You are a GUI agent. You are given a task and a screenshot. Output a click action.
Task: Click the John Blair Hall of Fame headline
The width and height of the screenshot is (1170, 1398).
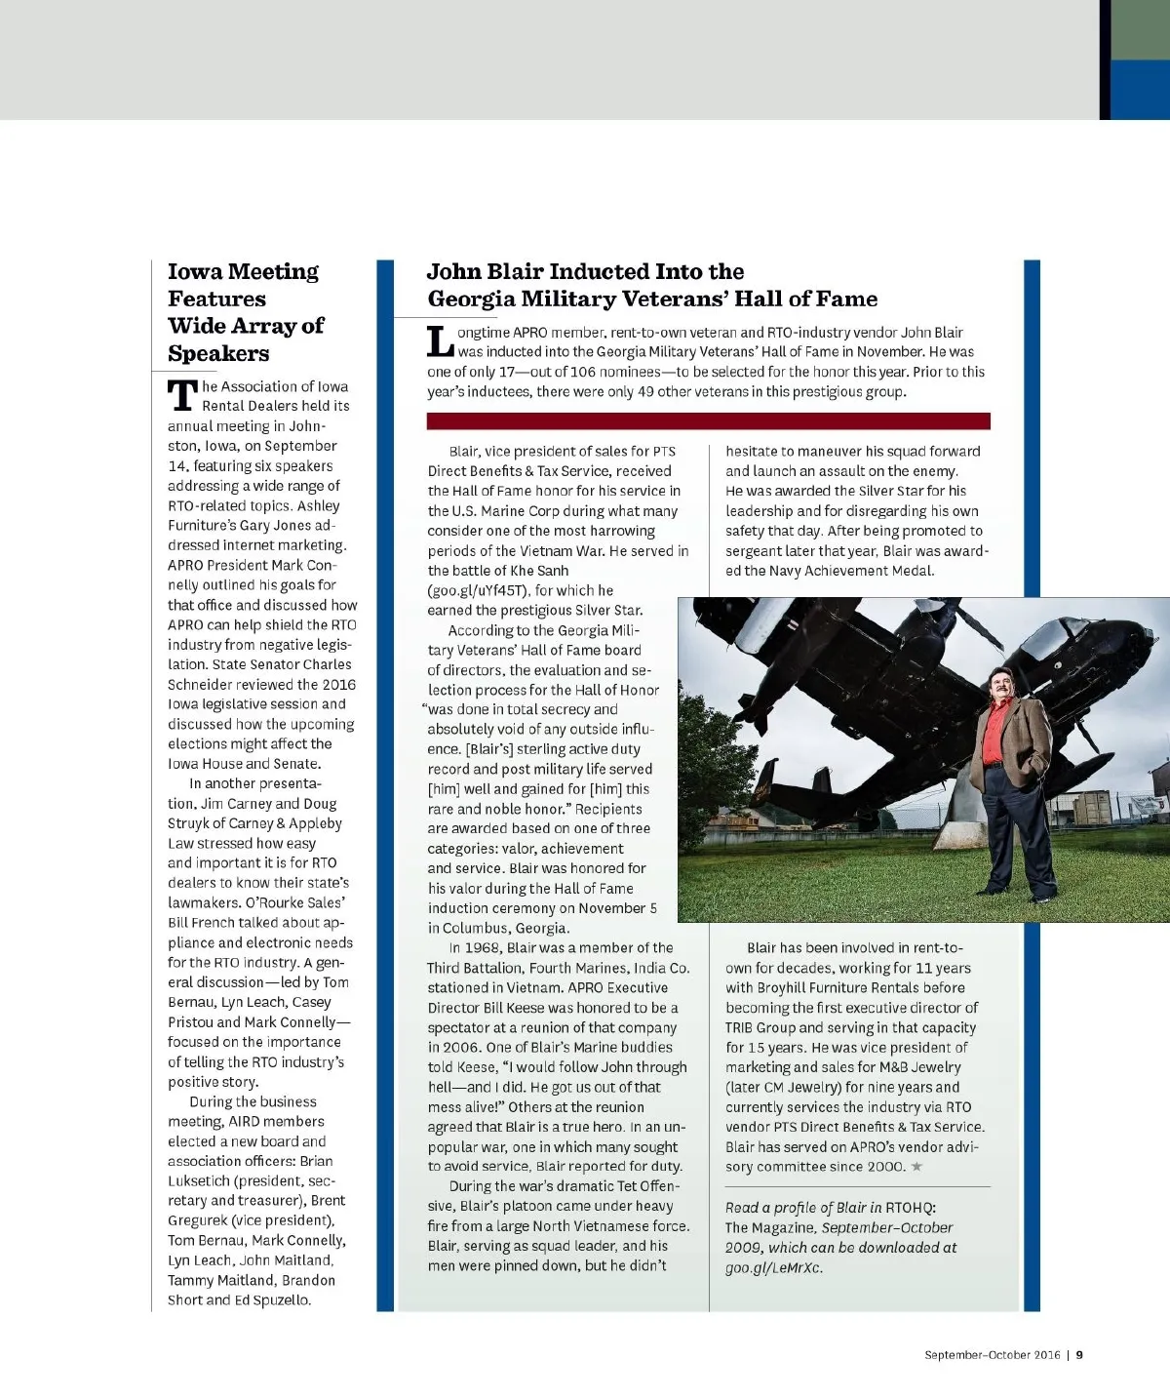[x=651, y=285]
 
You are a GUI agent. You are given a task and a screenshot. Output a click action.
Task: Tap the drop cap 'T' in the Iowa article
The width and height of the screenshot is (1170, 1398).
[x=182, y=396]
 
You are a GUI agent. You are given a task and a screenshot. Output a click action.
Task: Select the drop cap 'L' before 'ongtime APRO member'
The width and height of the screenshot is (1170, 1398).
[x=441, y=342]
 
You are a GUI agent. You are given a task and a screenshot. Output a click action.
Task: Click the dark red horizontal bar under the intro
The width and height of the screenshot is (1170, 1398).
[x=708, y=421]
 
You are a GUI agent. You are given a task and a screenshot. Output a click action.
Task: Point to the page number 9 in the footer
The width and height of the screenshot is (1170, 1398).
[x=1080, y=1354]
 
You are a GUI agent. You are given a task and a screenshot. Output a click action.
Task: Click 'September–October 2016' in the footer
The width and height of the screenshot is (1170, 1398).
[x=992, y=1354]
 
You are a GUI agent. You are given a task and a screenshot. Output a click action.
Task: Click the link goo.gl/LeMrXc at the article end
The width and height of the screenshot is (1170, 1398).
[x=773, y=1268]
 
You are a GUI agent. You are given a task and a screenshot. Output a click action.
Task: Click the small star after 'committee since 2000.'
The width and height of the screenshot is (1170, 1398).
[x=916, y=1166]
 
